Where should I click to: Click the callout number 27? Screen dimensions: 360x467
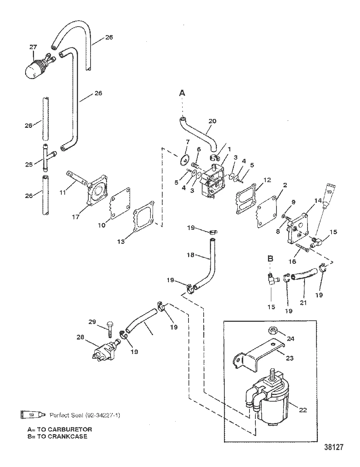[33, 47]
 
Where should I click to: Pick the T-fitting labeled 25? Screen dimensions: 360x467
[48, 158]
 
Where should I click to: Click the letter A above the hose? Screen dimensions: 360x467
[182, 93]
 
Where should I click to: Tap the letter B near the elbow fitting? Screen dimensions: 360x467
[270, 259]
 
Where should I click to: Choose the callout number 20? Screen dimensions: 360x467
[213, 121]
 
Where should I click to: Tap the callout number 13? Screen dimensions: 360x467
[121, 242]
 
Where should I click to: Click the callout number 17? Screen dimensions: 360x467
[76, 217]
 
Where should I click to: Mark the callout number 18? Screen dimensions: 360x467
[191, 255]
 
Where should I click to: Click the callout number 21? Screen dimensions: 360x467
[303, 303]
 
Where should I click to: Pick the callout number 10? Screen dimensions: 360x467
[102, 225]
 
